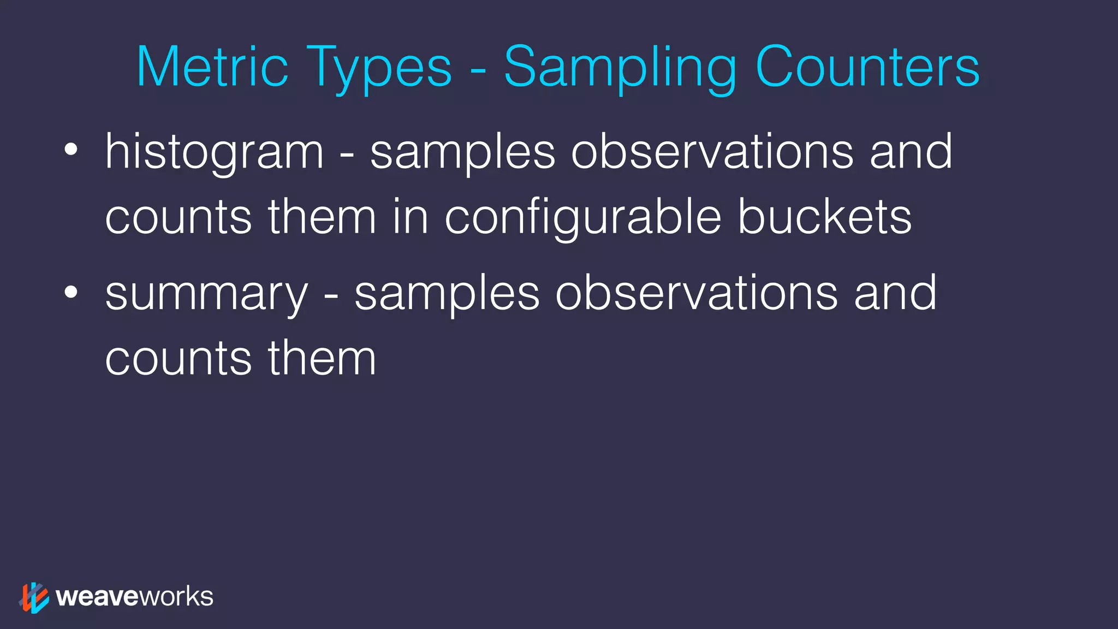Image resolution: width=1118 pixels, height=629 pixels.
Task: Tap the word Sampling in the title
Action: (x=620, y=70)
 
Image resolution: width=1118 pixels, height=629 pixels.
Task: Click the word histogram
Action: (x=215, y=153)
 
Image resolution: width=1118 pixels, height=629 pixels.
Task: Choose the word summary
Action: (x=207, y=295)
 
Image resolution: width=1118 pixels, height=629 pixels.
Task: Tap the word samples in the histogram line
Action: (x=463, y=153)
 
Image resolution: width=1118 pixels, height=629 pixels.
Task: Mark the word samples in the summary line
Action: (x=447, y=295)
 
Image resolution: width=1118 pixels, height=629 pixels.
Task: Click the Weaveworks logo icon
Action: (x=34, y=597)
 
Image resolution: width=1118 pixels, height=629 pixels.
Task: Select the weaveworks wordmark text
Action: (x=134, y=597)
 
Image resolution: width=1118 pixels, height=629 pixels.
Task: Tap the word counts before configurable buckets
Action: (x=179, y=217)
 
